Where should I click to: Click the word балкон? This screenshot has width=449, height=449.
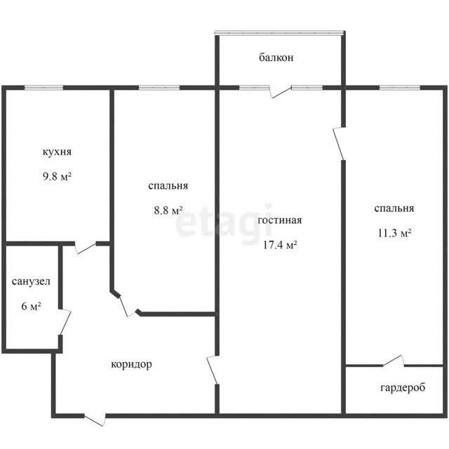pyautogui.click(x=276, y=58)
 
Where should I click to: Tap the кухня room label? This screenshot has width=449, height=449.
pyautogui.click(x=57, y=152)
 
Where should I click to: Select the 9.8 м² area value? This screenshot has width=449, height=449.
pyautogui.click(x=57, y=176)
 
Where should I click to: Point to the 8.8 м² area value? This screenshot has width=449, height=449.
pyautogui.click(x=168, y=210)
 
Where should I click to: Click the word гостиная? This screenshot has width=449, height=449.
pyautogui.click(x=280, y=220)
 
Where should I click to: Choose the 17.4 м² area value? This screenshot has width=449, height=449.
pyautogui.click(x=280, y=245)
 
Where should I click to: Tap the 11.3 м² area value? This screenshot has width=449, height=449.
pyautogui.click(x=394, y=233)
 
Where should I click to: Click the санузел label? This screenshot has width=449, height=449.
pyautogui.click(x=31, y=281)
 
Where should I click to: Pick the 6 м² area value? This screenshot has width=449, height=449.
pyautogui.click(x=31, y=307)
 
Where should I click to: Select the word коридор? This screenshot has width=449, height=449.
pyautogui.click(x=131, y=365)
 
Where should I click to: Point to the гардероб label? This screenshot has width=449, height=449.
pyautogui.click(x=403, y=388)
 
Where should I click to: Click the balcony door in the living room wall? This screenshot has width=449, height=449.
pyautogui.click(x=281, y=91)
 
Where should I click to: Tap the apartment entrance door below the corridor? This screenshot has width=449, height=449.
pyautogui.click(x=95, y=420)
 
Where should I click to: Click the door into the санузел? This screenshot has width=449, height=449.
pyautogui.click(x=65, y=322)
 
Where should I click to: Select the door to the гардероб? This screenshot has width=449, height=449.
pyautogui.click(x=394, y=361)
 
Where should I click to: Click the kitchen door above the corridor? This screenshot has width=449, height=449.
pyautogui.click(x=86, y=248)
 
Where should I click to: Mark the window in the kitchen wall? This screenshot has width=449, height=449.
pyautogui.click(x=43, y=88)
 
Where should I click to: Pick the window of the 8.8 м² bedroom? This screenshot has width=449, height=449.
pyautogui.click(x=159, y=88)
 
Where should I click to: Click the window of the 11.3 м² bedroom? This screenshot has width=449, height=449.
pyautogui.click(x=400, y=88)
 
